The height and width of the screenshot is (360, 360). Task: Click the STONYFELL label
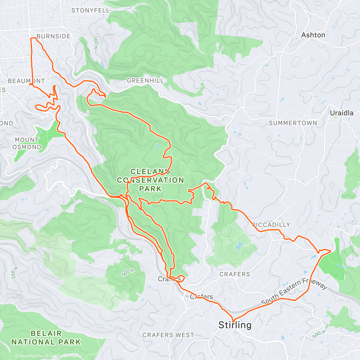pyautogui.click(x=90, y=10)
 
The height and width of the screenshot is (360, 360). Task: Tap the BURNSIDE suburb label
pyautogui.click(x=53, y=36)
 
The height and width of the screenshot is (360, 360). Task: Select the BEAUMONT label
pyautogui.click(x=26, y=81)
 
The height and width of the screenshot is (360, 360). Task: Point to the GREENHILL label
pyautogui.click(x=145, y=80)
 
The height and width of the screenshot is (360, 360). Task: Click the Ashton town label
pyautogui.click(x=313, y=35)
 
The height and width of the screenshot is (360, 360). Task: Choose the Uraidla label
pyautogui.click(x=341, y=113)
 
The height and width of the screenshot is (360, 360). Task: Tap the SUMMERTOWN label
pyautogui.click(x=293, y=123)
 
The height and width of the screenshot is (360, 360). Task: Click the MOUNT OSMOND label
pyautogui.click(x=27, y=143)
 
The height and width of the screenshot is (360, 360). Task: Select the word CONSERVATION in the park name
pyautogui.click(x=150, y=180)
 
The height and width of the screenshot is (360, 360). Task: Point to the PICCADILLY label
pyautogui.click(x=271, y=225)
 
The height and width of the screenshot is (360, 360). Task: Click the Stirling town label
pyautogui.click(x=235, y=325)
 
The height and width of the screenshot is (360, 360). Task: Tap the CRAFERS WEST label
pyautogui.click(x=168, y=335)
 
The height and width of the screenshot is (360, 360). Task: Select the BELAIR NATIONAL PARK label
pyautogui.click(x=46, y=337)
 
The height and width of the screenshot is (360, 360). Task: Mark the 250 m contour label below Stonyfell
pyautogui.click(x=95, y=43)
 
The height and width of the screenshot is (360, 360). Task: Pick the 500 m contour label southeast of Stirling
pyautogui.click(x=318, y=333)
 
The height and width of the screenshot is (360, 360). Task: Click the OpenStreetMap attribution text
pyautogui.click(x=63, y=356)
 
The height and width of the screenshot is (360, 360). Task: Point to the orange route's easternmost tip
pyautogui.click(x=331, y=250)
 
